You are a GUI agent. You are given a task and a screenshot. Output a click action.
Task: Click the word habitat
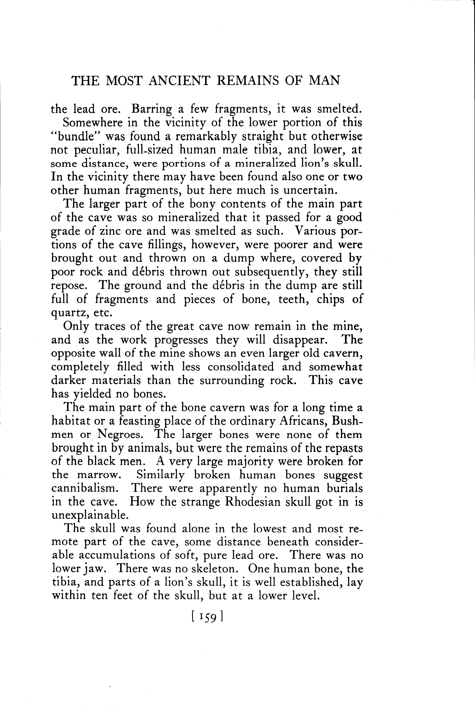coord(71,421)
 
